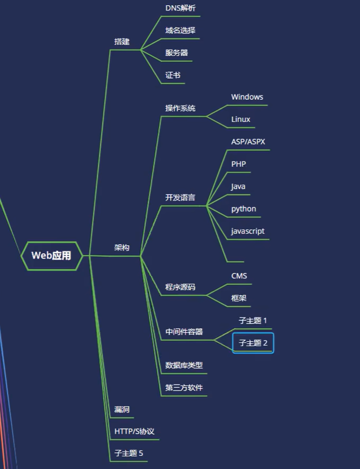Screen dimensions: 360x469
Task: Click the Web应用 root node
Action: coord(52,256)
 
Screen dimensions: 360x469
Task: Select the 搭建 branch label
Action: coord(122,42)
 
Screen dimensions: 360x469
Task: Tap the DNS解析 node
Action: coord(180,8)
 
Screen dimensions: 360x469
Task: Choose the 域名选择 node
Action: coord(180,31)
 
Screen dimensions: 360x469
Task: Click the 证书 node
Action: coord(173,75)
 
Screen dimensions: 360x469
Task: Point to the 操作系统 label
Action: coord(180,108)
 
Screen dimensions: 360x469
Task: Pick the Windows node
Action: coord(247,97)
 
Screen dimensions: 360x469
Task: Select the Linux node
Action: coord(240,119)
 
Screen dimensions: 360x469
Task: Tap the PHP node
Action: coord(238,164)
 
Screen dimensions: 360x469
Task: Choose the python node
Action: coord(244,209)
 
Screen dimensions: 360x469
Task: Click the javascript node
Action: coord(248,231)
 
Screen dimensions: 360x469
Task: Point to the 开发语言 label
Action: coord(180,198)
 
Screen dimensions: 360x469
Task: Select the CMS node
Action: coord(239,276)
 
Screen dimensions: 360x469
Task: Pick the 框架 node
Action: coord(239,298)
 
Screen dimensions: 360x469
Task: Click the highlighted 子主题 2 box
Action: coord(253,343)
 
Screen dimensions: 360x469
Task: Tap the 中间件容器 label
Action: coord(184,332)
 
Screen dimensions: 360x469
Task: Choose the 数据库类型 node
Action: coord(184,365)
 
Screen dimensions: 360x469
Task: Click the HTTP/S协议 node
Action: coord(134,432)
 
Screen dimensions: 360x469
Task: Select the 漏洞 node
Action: coord(122,409)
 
